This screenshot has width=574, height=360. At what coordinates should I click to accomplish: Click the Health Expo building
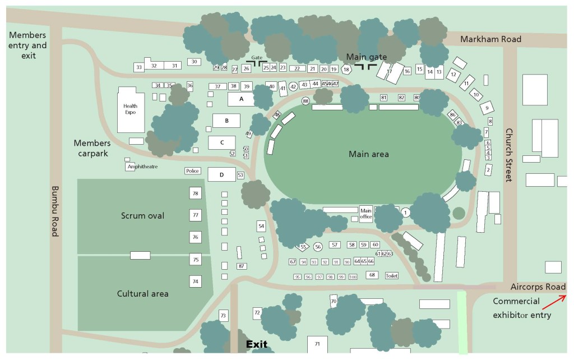click(x=131, y=109)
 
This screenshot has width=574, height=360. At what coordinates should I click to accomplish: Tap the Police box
click(x=192, y=171)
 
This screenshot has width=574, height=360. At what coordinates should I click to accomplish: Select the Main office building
click(x=366, y=214)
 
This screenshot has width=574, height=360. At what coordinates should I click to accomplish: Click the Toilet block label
click(x=391, y=276)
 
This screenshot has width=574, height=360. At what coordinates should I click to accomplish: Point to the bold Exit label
click(x=256, y=344)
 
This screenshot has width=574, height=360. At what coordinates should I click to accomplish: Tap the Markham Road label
click(x=490, y=39)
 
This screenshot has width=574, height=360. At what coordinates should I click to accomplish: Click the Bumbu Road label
click(x=55, y=211)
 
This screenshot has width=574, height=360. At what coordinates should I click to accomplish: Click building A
click(x=242, y=99)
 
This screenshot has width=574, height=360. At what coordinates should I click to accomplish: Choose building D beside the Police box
click(x=221, y=175)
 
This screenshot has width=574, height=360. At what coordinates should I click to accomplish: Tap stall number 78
click(x=195, y=193)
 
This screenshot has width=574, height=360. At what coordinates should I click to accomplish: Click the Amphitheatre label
click(x=142, y=167)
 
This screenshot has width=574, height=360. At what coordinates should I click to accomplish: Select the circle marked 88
click(x=305, y=101)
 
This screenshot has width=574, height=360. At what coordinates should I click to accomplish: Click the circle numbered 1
click(x=406, y=212)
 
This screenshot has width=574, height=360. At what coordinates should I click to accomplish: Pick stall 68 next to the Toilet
click(x=372, y=275)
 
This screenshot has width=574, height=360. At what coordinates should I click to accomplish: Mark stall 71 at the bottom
click(x=317, y=343)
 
